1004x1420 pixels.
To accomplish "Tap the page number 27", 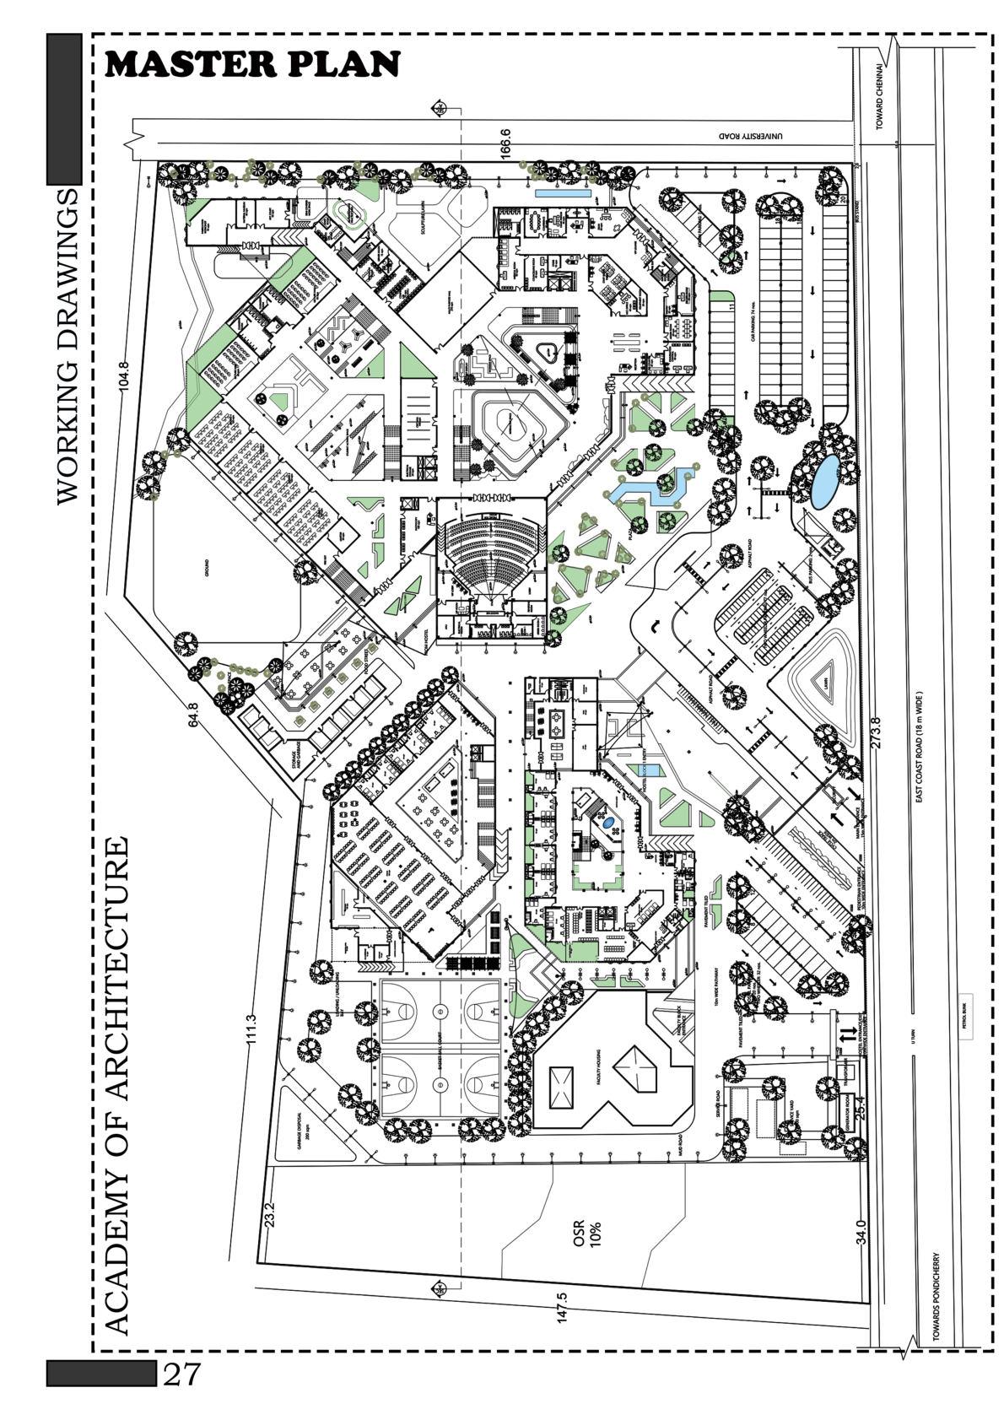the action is tap(181, 1374).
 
